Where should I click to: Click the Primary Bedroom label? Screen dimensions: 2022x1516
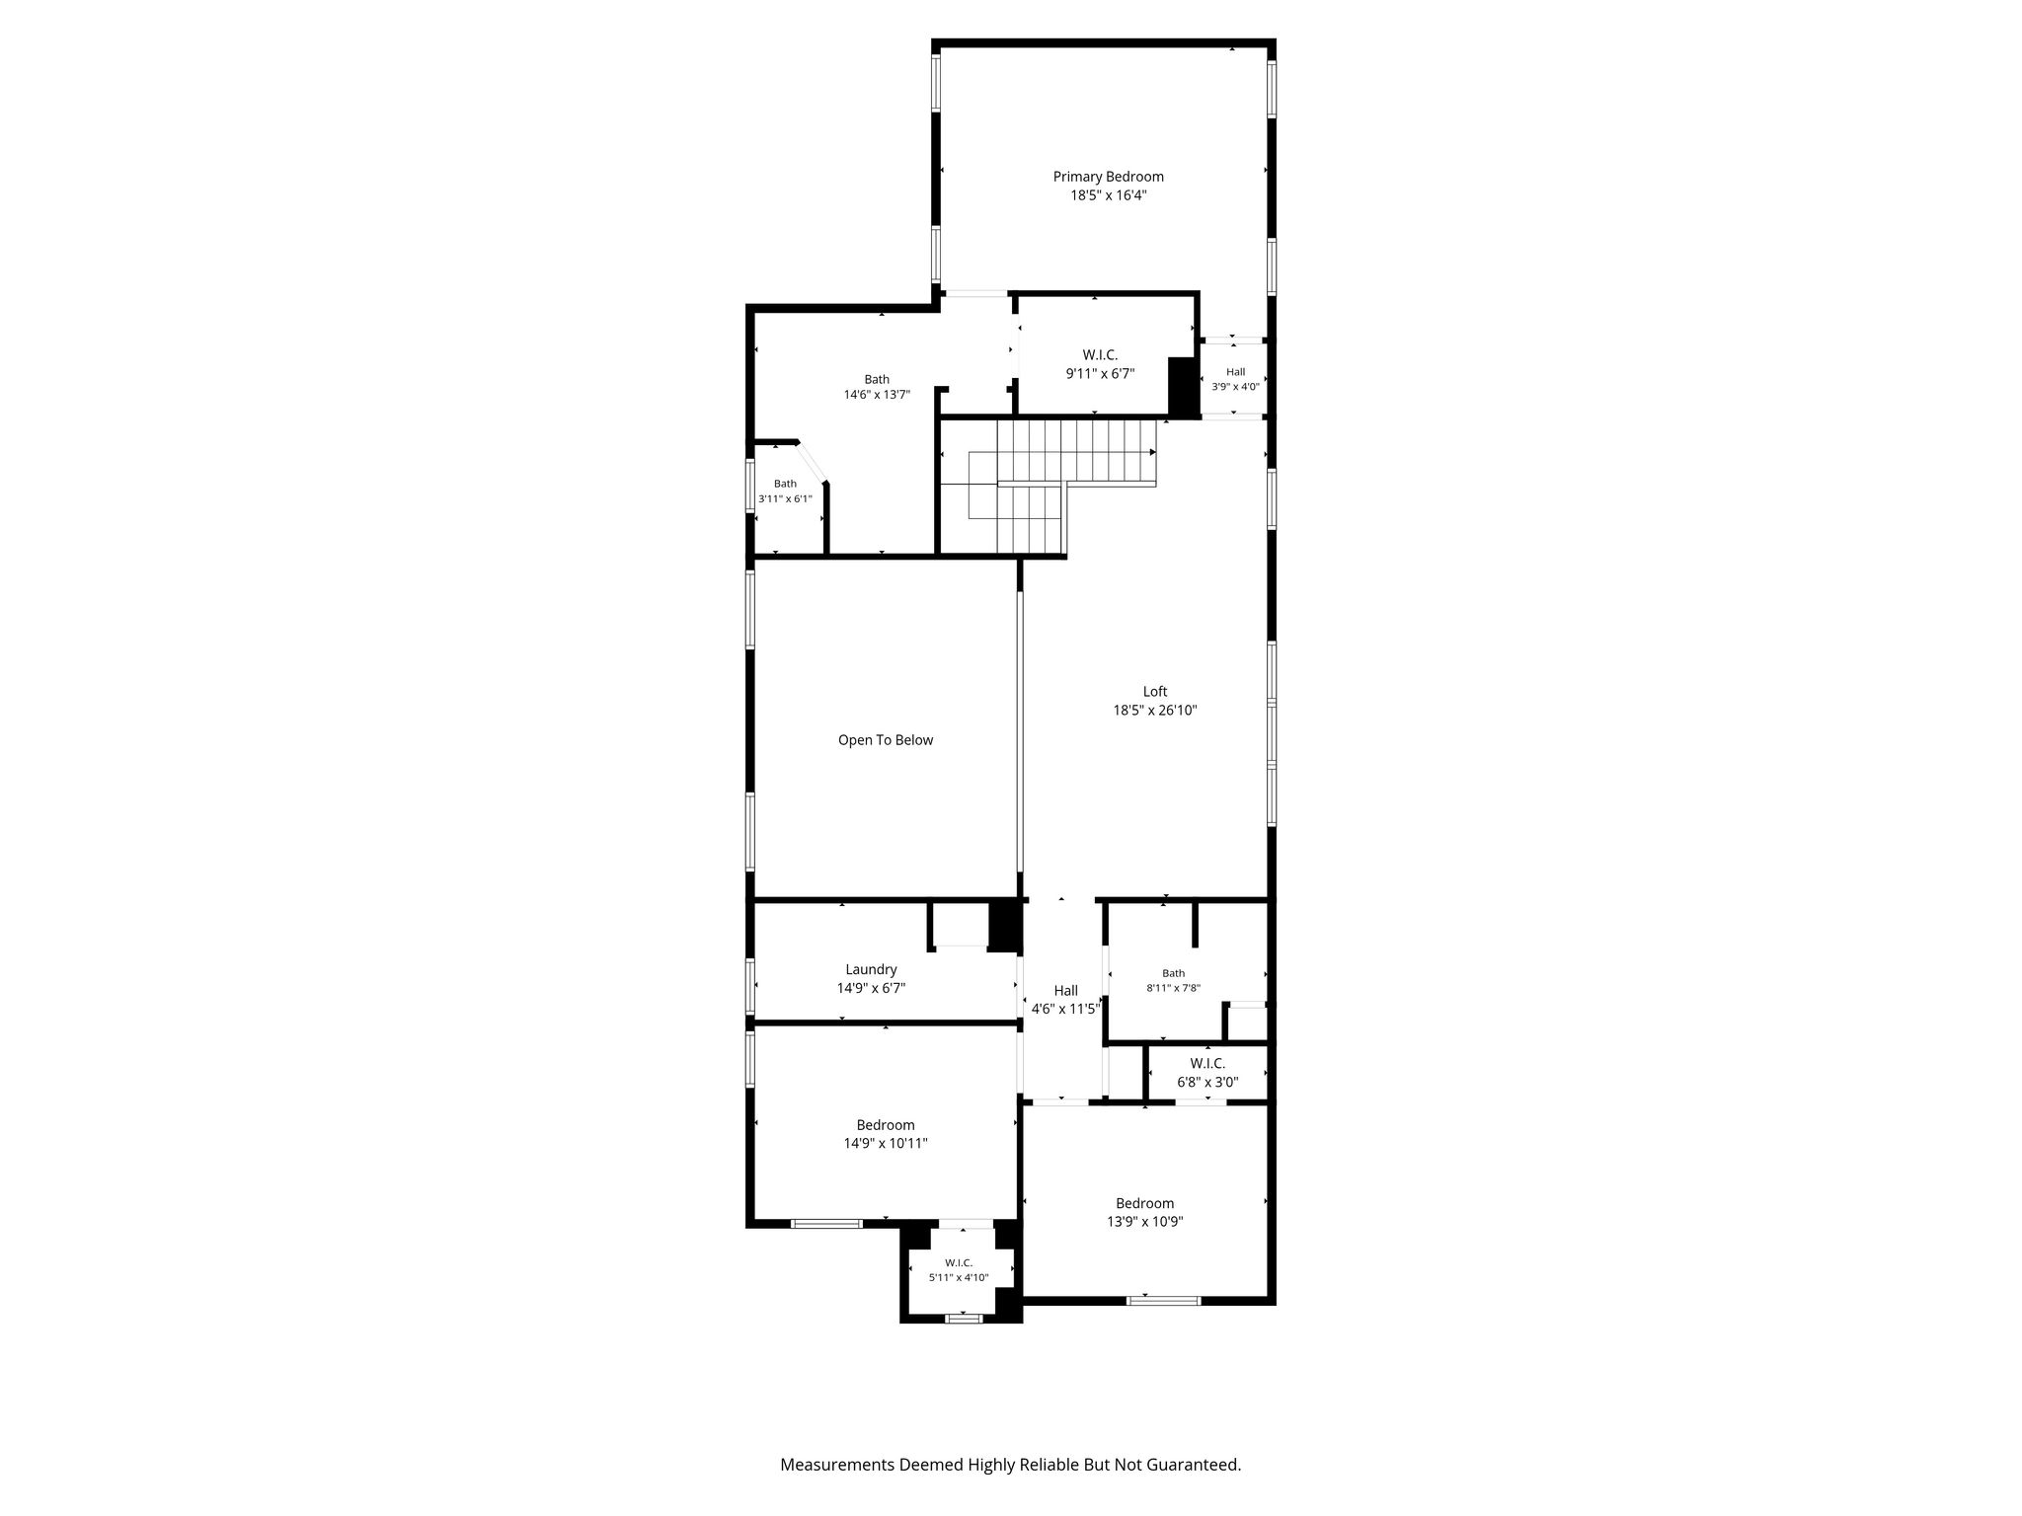1108,177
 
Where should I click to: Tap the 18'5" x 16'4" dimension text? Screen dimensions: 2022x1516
1108,195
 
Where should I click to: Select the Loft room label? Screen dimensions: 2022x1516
1155,692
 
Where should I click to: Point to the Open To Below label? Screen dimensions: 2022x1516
886,740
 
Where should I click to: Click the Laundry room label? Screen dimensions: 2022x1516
871,970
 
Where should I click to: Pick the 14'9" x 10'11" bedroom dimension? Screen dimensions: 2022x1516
886,1144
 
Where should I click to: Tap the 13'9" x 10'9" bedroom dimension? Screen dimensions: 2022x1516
1145,1222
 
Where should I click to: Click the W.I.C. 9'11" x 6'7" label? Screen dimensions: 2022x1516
1100,364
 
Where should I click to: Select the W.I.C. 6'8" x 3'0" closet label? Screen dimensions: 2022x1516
1207,1073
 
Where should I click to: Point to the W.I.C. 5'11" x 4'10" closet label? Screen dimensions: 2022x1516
959,1270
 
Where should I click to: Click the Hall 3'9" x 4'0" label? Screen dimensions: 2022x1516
1235,379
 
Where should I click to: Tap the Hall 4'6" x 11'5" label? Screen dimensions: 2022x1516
1065,1000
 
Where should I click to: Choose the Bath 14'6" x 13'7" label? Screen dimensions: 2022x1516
877,387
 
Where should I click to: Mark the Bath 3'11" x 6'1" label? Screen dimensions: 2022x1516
785,492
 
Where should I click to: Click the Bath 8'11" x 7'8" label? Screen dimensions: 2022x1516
1173,980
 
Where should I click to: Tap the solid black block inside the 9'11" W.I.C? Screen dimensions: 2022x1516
1183,387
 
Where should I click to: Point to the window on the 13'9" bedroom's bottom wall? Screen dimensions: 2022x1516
1164,1300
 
